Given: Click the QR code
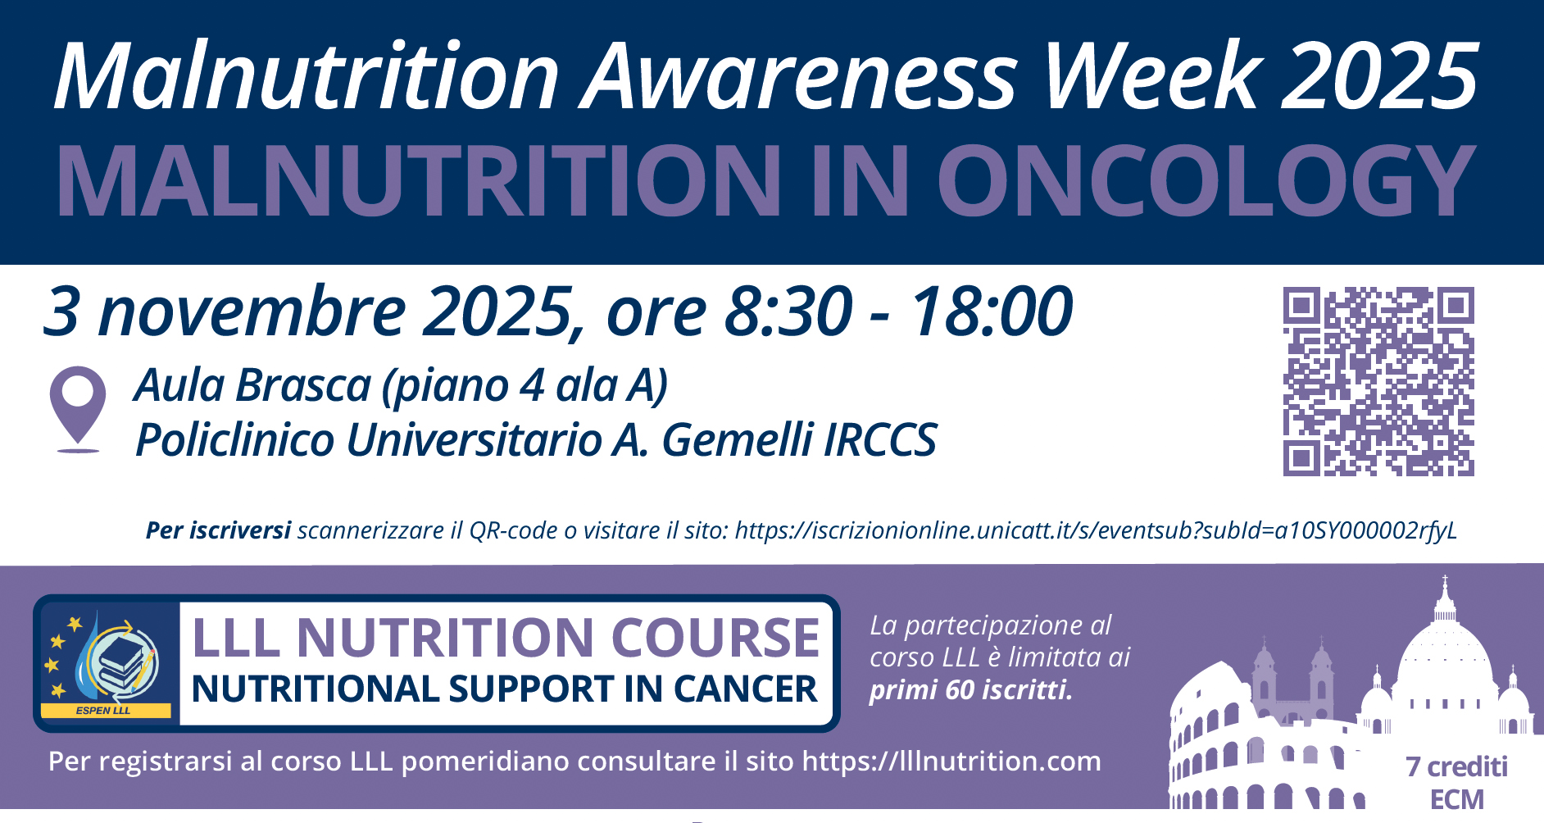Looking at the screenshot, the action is pyautogui.click(x=1378, y=381).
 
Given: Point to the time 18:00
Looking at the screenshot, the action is pyautogui.click(x=991, y=311).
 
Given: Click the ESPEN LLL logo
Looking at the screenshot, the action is pyautogui.click(x=107, y=663).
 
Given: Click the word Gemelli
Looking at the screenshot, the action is pyautogui.click(x=738, y=439).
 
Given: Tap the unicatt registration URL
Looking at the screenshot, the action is pyautogui.click(x=1096, y=531).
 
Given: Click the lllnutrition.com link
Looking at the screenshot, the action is pyautogui.click(x=951, y=762).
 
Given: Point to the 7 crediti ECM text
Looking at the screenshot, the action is pyautogui.click(x=1456, y=782).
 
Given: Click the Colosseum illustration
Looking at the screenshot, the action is pyautogui.click(x=1262, y=737).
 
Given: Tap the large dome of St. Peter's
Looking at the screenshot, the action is pyautogui.click(x=1444, y=648).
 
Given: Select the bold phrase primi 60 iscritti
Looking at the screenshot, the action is pyautogui.click(x=971, y=690).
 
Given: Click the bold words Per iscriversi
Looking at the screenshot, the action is pyautogui.click(x=218, y=531).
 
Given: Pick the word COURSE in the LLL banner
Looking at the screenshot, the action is pyautogui.click(x=715, y=638).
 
